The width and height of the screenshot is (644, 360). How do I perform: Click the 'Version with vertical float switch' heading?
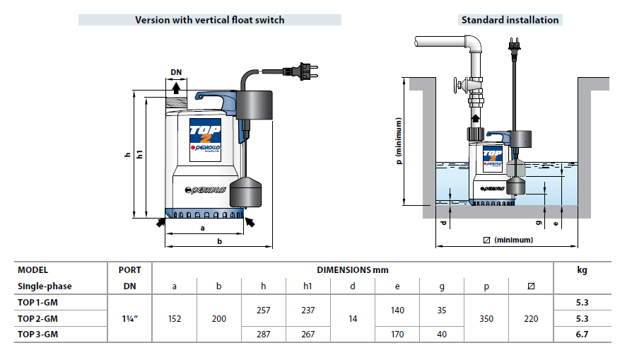209,20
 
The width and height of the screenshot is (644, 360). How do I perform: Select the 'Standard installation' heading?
510,20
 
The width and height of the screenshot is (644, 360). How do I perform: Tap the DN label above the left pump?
176,72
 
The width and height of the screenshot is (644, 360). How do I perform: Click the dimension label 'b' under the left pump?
219,241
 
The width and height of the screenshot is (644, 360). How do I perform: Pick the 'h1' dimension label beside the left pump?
140,154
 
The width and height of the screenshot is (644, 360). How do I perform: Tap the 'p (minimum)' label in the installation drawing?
399,141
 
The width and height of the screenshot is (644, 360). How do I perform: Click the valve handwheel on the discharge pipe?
456,86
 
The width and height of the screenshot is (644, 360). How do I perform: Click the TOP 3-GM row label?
37,335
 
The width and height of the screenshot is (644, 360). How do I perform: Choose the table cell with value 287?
263,335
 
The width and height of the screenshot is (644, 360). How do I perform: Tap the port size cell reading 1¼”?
130,318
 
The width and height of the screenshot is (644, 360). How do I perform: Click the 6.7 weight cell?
582,335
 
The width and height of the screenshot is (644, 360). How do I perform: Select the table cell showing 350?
486,318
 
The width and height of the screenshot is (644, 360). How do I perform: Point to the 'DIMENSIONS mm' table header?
352,270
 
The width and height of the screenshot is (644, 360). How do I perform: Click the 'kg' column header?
582,270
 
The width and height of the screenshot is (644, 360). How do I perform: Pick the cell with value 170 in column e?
397,335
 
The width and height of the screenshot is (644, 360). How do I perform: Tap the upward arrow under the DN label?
176,88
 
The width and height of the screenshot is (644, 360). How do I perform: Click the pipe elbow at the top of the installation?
474,43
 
